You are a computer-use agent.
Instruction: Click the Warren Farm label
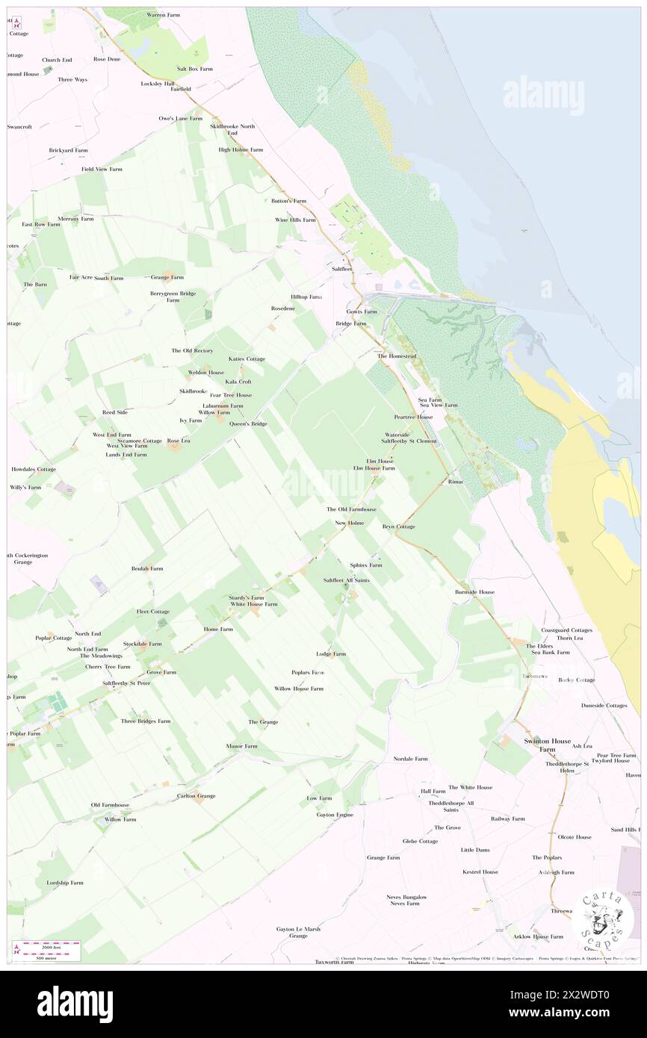[x=166, y=15]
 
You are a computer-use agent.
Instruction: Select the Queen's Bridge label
[x=249, y=423]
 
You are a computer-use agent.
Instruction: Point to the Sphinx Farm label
[x=365, y=565]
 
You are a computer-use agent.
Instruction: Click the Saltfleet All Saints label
[x=347, y=580]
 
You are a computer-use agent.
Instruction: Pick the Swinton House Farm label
[x=539, y=744]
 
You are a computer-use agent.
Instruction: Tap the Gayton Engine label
[x=335, y=814]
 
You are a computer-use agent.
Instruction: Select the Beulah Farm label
[x=147, y=568]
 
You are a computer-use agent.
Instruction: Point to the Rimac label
[x=456, y=482]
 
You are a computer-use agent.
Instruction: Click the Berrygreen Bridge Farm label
[x=173, y=296]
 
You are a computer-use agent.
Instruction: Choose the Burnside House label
[x=474, y=592]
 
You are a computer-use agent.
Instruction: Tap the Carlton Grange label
[x=196, y=796]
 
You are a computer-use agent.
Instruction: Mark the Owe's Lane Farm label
[x=180, y=118]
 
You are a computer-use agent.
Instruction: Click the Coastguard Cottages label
[x=567, y=630]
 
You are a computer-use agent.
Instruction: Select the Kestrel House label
[x=480, y=871]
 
